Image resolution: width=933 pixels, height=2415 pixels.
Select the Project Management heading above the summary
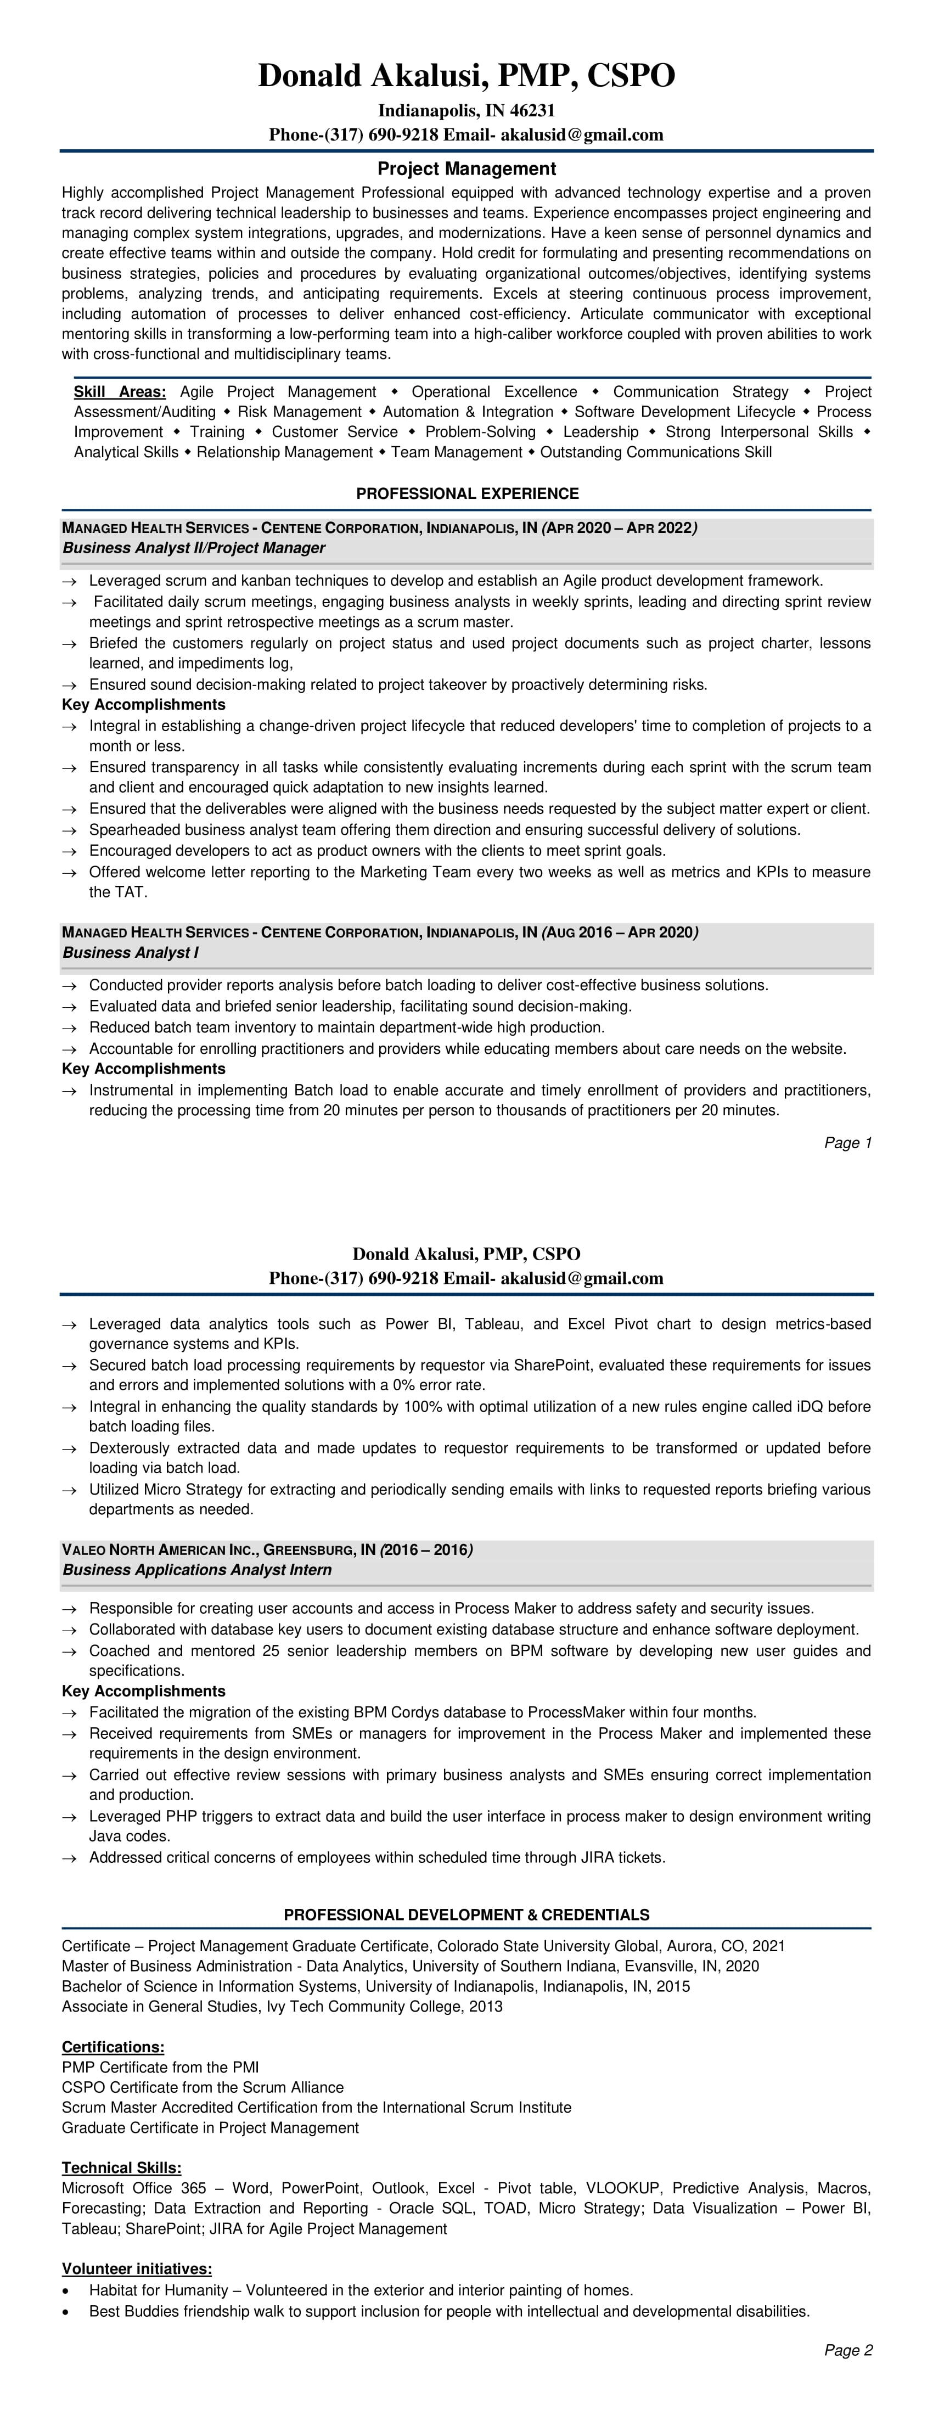click(466, 169)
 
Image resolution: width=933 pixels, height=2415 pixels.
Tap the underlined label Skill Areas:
click(120, 392)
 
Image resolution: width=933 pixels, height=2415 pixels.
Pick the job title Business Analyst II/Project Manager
click(194, 548)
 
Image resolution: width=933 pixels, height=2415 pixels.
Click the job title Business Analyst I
click(130, 952)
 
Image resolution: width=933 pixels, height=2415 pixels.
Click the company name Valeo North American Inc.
click(158, 1549)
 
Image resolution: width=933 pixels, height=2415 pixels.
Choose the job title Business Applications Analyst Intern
click(197, 1569)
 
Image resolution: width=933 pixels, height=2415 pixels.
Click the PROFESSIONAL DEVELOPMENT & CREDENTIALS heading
click(466, 1914)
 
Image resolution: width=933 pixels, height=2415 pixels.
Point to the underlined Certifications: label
click(113, 2047)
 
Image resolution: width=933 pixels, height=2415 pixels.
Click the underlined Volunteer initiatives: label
click(137, 2269)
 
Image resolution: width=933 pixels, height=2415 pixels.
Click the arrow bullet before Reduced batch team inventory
click(69, 1027)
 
